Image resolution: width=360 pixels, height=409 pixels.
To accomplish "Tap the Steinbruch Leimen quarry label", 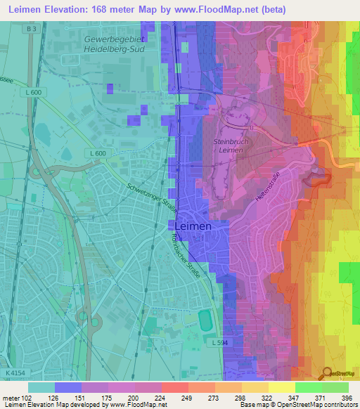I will point(232,145).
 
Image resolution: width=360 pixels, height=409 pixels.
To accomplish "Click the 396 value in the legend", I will point(345,398).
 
